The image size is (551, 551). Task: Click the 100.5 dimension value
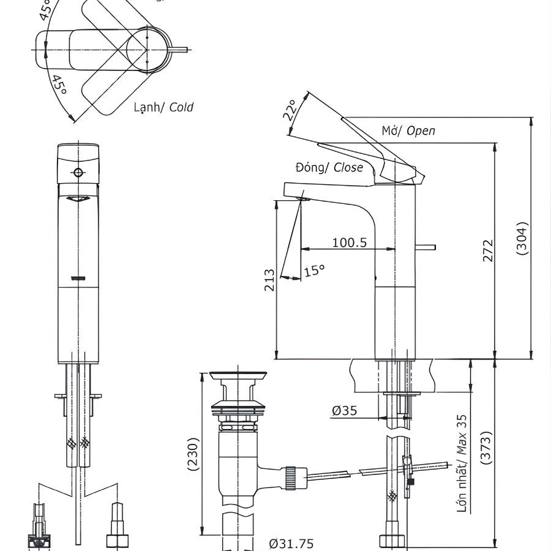click(350, 242)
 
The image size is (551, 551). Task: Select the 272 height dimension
click(487, 251)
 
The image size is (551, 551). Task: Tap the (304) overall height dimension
click(522, 238)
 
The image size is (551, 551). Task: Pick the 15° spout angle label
click(314, 269)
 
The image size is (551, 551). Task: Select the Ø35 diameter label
click(345, 411)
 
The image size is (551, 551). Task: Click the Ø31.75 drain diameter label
click(291, 543)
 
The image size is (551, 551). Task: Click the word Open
click(421, 130)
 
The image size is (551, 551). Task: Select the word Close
click(348, 167)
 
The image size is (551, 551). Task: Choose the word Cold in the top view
click(181, 107)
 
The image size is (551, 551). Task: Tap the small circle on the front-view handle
click(78, 172)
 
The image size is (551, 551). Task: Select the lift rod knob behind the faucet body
click(426, 248)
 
